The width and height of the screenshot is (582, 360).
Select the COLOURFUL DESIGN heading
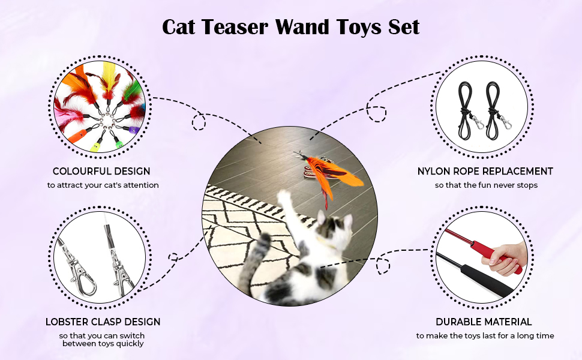[101, 171]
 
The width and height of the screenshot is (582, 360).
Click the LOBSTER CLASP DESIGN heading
[103, 322]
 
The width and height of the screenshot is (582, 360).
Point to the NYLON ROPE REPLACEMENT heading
[485, 171]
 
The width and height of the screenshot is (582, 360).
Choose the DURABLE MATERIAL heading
[484, 322]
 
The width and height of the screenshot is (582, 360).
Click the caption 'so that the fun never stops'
[486, 185]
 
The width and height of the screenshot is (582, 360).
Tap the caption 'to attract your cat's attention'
[103, 185]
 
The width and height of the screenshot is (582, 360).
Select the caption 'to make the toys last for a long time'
[485, 335]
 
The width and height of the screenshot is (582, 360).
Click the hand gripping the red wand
[506, 258]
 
